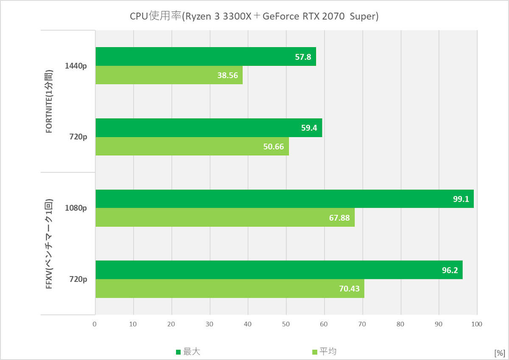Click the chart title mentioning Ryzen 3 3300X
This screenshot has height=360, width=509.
254,17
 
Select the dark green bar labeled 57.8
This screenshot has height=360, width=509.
206,56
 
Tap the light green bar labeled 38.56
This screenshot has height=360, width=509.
169,75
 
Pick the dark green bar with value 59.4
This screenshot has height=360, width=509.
209,128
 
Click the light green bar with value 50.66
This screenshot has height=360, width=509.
192,146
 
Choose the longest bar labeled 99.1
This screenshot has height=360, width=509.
284,199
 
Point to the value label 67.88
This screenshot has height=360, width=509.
340,218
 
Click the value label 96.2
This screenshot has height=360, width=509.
450,270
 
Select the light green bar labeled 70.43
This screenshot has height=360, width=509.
229,289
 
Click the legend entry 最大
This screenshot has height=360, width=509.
188,352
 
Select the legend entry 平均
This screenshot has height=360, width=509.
324,352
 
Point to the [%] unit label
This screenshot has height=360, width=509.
499,353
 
